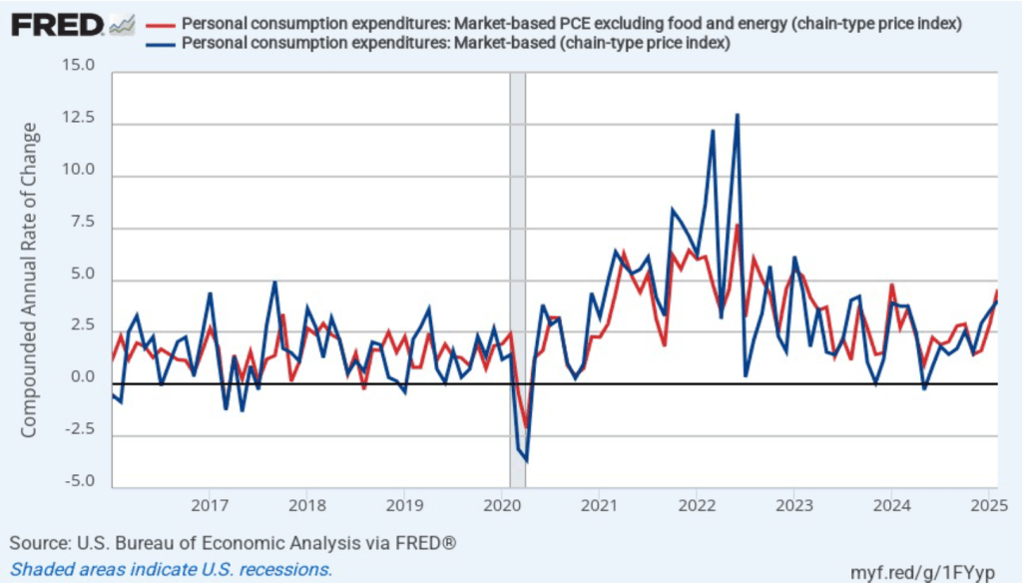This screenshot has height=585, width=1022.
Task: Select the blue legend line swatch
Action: click(x=160, y=43)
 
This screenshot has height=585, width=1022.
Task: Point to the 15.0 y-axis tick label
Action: click(x=78, y=67)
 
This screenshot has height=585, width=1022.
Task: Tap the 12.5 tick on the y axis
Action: click(x=78, y=119)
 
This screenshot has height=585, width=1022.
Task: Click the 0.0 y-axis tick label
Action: click(x=82, y=378)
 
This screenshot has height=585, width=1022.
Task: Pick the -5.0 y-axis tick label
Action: click(x=79, y=482)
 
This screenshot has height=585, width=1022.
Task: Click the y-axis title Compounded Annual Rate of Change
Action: click(x=29, y=280)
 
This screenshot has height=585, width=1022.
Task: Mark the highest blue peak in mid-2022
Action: click(x=737, y=115)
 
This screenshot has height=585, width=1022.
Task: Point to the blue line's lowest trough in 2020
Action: click(x=526, y=460)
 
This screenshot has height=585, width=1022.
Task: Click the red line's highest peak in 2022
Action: click(x=737, y=226)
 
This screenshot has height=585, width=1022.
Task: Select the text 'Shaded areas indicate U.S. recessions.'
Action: click(x=171, y=569)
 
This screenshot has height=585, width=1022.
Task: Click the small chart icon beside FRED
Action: click(x=122, y=23)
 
